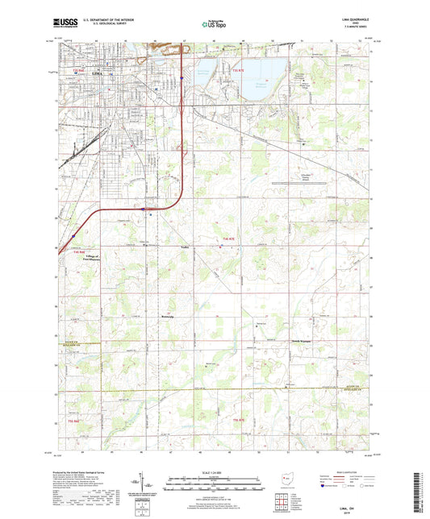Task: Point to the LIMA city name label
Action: pos(98,73)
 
